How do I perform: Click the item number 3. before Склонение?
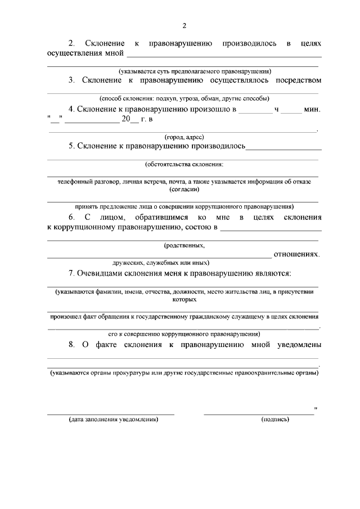(72, 80)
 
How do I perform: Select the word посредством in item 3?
(298, 80)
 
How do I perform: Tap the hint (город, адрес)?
(184, 137)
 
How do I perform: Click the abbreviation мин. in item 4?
(312, 110)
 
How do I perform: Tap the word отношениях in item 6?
(296, 255)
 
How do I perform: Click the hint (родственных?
(184, 246)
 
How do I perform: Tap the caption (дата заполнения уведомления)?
(114, 420)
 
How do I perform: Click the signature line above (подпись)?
(259, 414)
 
